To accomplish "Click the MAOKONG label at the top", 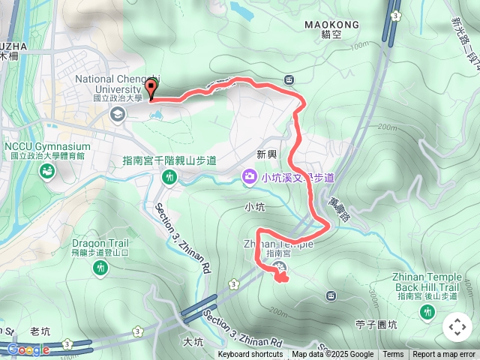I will coord(332,25).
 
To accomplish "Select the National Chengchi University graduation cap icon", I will coord(117,114).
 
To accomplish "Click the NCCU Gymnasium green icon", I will coord(47,172).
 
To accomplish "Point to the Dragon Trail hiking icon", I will coord(100,266).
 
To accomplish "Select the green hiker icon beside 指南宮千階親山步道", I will coord(169,177).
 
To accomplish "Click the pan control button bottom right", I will coord(457,327).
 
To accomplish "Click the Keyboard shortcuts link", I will coord(250,355).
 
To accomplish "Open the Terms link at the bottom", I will coord(393,355).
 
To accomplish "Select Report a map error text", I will coord(444,355).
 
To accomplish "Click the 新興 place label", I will coord(266,154).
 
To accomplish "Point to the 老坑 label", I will coord(39,331).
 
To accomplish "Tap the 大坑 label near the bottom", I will coord(193,342).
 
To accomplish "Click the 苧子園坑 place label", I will coord(376,324).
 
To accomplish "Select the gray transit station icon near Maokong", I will coord(289,80).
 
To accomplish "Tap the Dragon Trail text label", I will coord(100,243).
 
